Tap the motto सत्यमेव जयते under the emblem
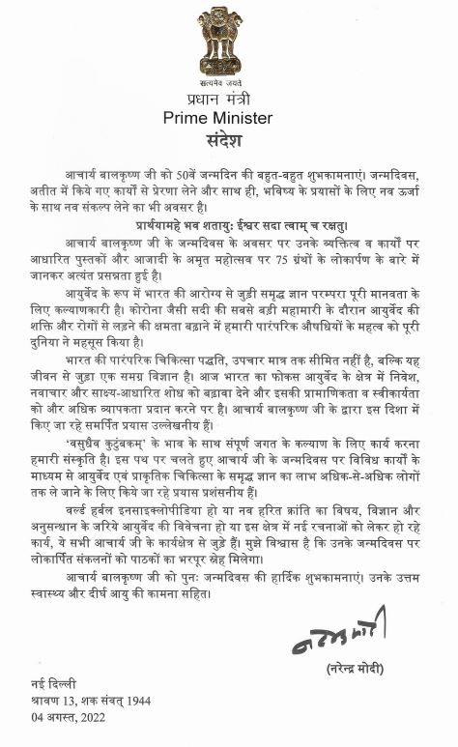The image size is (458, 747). pyautogui.click(x=220, y=83)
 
